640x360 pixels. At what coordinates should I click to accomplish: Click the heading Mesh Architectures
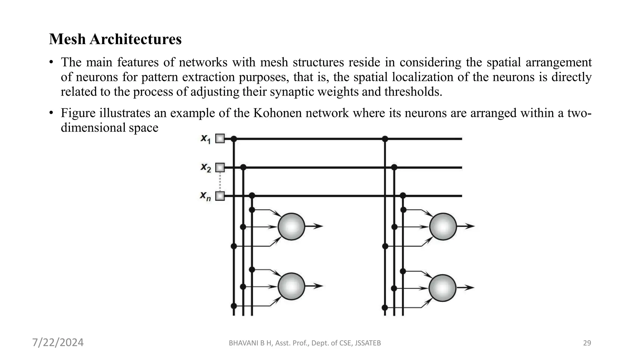(115, 39)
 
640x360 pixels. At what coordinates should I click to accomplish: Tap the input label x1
(206, 139)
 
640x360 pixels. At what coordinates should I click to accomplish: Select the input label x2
(206, 167)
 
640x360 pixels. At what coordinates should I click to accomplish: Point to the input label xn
(205, 196)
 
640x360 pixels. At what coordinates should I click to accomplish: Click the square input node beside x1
(220, 138)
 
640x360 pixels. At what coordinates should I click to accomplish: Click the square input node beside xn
(220, 196)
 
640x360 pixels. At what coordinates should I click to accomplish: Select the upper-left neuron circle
(291, 227)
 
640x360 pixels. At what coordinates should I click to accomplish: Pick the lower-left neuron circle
(291, 286)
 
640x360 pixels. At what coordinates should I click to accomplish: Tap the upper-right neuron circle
(443, 227)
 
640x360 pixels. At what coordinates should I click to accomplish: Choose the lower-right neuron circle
(442, 288)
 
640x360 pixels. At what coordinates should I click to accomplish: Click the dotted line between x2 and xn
(220, 182)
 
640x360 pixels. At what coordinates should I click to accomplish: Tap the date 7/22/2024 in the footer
(58, 342)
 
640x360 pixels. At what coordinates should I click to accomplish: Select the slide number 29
(587, 343)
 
